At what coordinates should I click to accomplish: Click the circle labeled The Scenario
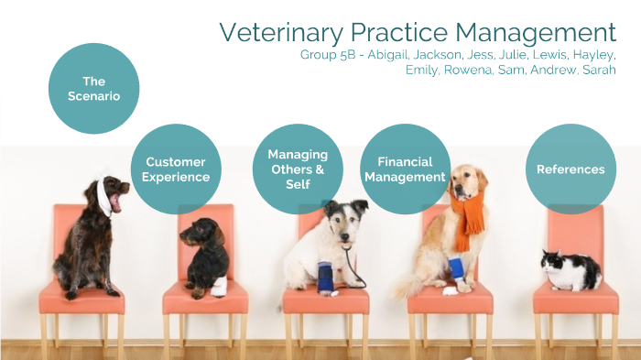tap(93, 88)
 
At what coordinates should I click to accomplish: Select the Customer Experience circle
tap(177, 169)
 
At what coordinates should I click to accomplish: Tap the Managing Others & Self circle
tap(298, 169)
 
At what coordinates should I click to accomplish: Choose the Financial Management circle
tap(405, 169)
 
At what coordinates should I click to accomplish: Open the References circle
tap(570, 169)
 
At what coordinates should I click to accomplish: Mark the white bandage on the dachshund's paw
tap(219, 287)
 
